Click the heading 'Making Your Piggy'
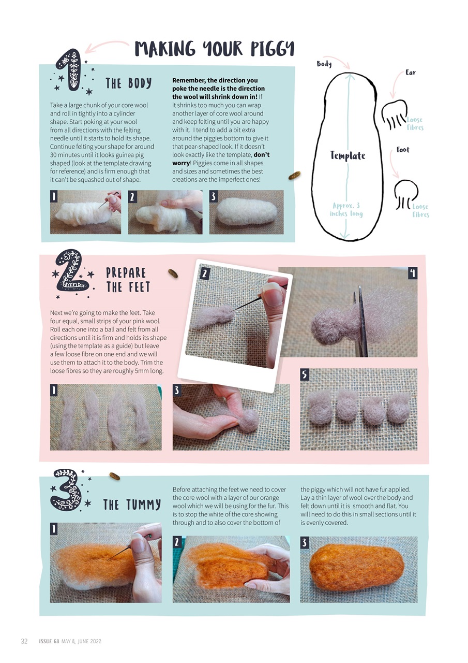tap(214, 49)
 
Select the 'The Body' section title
tap(128, 83)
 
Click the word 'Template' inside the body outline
tap(348, 155)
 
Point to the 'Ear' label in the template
tap(411, 73)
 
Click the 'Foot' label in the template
tap(403, 150)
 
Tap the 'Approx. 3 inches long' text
tap(346, 210)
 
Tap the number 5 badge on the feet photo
tap(305, 373)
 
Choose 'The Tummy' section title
tap(132, 505)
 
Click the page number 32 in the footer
tap(24, 641)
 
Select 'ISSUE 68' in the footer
tap(49, 641)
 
